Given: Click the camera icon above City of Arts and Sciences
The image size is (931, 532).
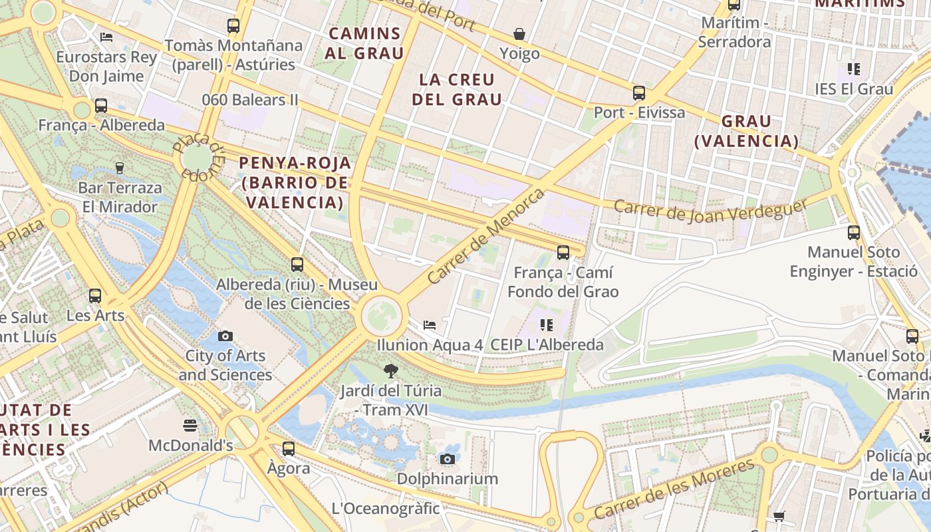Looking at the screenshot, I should click(x=225, y=336).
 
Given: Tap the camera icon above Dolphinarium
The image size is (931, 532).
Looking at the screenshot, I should click(x=448, y=459).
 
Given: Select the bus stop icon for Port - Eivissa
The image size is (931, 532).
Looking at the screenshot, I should click(x=639, y=93).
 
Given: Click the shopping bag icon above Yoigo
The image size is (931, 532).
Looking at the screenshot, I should click(x=519, y=34).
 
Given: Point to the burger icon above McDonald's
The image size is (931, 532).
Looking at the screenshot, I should click(x=191, y=426).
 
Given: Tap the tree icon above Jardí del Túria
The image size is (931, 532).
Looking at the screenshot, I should click(x=391, y=371).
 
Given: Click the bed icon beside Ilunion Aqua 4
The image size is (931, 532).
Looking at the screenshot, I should click(x=430, y=325).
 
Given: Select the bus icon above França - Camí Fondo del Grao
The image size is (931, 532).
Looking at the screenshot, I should click(x=563, y=253).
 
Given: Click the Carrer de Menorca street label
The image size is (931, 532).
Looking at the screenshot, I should click(x=486, y=236).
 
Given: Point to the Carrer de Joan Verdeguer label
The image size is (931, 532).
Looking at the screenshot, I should click(x=710, y=211).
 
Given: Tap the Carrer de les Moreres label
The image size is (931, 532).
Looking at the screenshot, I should click(x=674, y=489).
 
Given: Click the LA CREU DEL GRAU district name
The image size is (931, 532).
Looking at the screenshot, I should click(x=457, y=90).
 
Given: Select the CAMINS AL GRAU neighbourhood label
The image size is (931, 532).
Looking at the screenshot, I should click(x=364, y=43).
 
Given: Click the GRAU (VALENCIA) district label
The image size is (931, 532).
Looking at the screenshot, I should click(x=746, y=131).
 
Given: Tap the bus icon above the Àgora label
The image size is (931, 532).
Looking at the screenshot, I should click(x=289, y=449).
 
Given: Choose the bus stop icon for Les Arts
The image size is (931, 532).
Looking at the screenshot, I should click(x=95, y=296).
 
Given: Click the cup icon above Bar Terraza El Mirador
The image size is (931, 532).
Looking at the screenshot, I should click(x=120, y=168).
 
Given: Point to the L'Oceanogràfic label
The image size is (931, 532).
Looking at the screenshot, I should click(x=386, y=509).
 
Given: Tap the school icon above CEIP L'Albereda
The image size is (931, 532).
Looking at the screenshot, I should click(x=547, y=325).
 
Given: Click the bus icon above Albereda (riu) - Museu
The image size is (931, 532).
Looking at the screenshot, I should click(x=297, y=265).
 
